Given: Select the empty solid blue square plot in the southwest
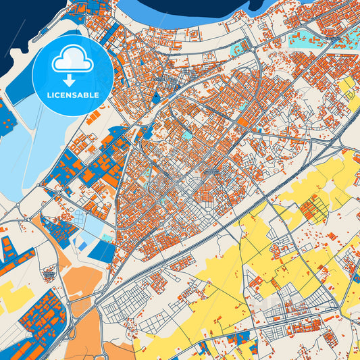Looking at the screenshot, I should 103,251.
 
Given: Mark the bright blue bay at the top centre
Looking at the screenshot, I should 182,12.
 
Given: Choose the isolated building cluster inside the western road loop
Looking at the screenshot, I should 49,274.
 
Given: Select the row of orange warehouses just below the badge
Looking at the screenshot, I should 101,119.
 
